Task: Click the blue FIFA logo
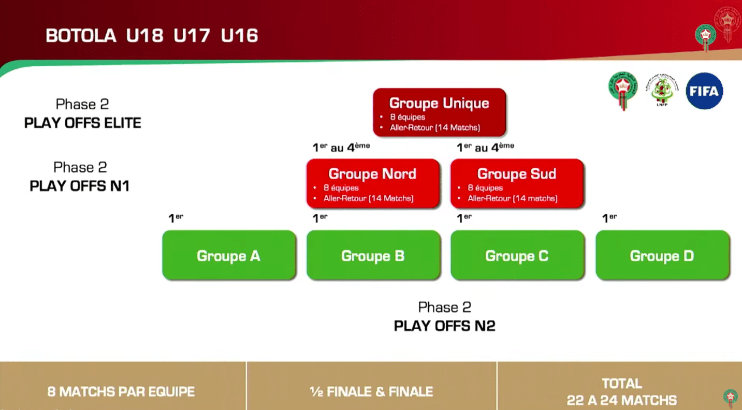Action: pos(704,91)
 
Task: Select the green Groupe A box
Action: pos(228,256)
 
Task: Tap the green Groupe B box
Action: pos(373,256)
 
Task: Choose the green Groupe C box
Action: pos(517,256)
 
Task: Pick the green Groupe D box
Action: pos(662,256)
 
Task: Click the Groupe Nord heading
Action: pos(372,174)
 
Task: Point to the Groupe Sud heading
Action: pos(517,174)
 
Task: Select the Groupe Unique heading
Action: pos(439,104)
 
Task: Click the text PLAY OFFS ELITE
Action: pos(83,123)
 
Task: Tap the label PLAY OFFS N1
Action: pos(80,186)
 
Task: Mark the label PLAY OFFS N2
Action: pos(445,326)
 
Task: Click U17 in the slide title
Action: pos(192,36)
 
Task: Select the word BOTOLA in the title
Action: pos(81,36)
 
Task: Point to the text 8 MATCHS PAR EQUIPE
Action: pos(121,391)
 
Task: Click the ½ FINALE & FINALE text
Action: pos(371,391)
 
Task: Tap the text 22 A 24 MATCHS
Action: pos(621,400)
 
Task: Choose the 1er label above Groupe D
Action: pos(610,218)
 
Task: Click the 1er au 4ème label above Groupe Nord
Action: pos(341,148)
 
